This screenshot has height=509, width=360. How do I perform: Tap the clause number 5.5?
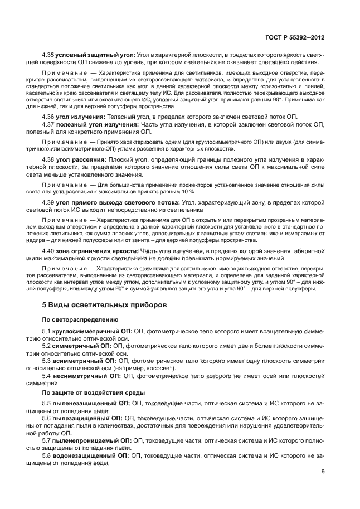click(46, 403)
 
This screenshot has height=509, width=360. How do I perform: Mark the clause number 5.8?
click(46, 455)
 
